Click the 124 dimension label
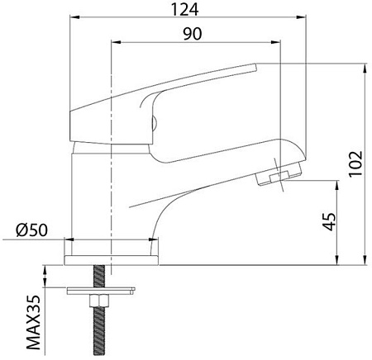[184, 10]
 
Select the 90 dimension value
[193, 34]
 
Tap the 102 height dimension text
[355, 163]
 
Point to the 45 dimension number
[330, 221]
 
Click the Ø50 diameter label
[31, 230]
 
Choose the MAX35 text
[34, 323]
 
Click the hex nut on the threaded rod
[99, 301]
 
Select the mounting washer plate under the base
[101, 291]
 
